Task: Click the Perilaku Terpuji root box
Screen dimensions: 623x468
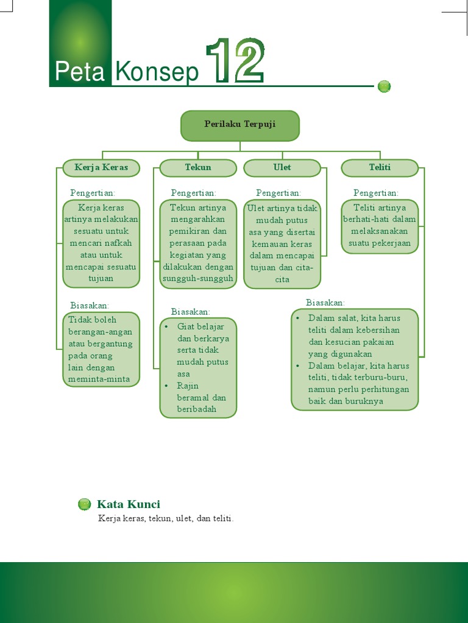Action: [239, 125]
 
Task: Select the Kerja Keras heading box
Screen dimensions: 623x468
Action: [101, 167]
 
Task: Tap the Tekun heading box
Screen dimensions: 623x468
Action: [198, 167]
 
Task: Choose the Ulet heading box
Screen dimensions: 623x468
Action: [282, 167]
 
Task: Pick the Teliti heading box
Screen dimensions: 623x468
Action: [380, 167]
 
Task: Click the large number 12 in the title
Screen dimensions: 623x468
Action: [235, 61]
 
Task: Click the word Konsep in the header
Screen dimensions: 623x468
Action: [157, 72]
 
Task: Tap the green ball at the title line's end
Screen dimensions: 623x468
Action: [384, 86]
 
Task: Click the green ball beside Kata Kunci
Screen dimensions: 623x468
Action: [85, 504]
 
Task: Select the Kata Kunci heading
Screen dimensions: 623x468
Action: [129, 504]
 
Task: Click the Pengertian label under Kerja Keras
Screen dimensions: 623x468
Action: [93, 193]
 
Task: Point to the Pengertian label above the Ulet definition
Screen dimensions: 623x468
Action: [278, 193]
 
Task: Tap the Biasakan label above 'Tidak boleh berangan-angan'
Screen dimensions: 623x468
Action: [90, 305]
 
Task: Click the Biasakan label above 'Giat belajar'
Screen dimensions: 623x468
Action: [191, 311]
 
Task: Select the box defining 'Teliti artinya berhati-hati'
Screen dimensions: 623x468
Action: [380, 226]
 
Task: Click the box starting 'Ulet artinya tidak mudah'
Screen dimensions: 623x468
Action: [282, 243]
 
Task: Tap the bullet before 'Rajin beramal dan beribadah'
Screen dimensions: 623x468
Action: [166, 386]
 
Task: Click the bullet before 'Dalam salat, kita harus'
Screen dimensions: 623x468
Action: [297, 318]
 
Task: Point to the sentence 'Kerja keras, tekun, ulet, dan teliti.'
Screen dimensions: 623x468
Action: [166, 518]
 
